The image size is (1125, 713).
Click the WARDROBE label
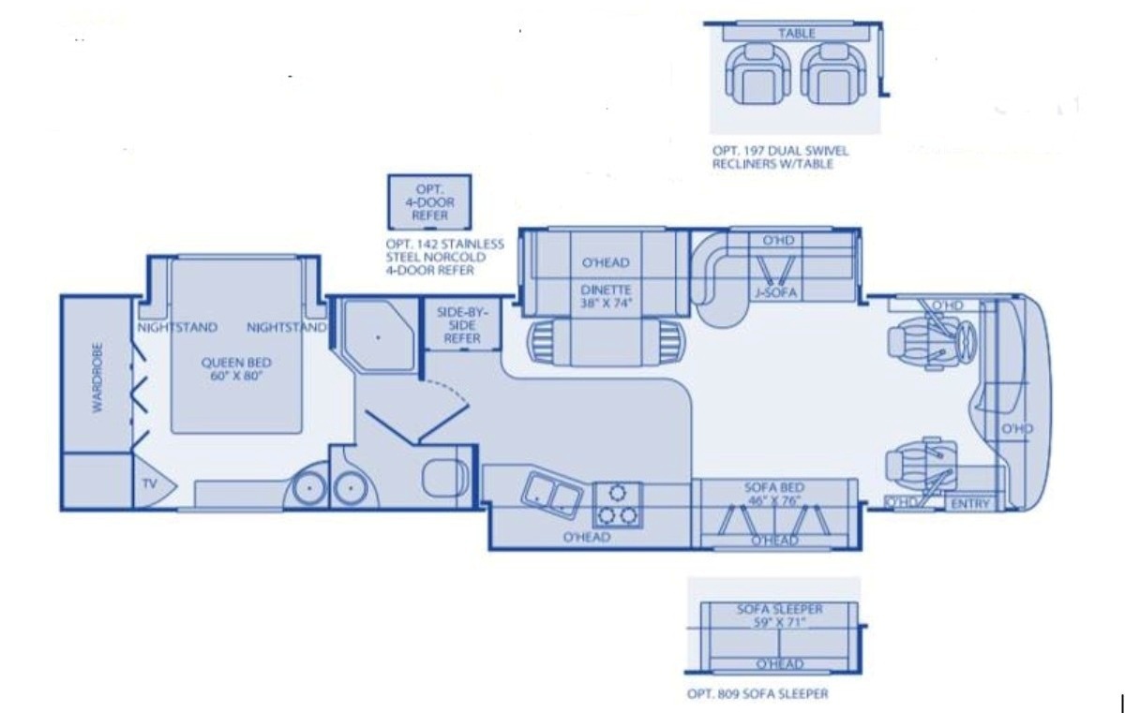[97, 378]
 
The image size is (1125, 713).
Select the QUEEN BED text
[236, 363]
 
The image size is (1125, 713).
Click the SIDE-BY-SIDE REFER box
[462, 324]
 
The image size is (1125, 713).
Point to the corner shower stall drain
[378, 337]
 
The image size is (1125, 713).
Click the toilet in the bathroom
[445, 477]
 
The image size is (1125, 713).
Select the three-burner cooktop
[618, 505]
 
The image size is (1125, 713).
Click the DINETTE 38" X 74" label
[606, 296]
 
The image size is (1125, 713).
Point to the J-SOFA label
[776, 292]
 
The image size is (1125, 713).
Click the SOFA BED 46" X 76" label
[774, 494]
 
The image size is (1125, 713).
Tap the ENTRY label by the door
[970, 504]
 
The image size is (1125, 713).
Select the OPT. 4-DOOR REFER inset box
[429, 202]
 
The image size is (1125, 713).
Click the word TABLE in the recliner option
[797, 34]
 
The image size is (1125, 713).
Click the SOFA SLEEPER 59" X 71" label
[779, 616]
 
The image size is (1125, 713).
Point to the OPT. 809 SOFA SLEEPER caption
[757, 694]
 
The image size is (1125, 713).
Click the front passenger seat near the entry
[920, 465]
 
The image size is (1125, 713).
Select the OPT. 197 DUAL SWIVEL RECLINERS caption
[780, 157]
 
